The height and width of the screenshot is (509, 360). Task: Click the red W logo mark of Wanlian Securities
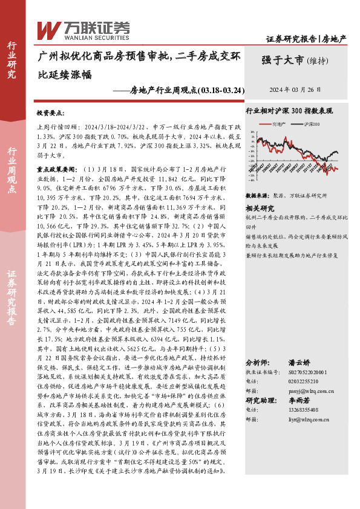[x=48, y=30]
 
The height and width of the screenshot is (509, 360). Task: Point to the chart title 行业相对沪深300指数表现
[x=289, y=111]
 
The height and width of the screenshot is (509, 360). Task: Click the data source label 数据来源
[x=257, y=196]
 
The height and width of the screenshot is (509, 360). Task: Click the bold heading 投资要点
[x=54, y=113]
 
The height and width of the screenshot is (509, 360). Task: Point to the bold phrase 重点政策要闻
[x=61, y=154]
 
